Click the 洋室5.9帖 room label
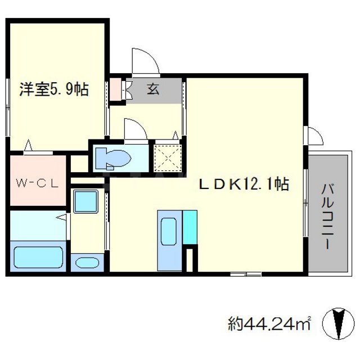click(x=55, y=89)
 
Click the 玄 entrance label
click(x=152, y=89)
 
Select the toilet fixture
click(x=113, y=157)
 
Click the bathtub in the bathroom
click(x=38, y=256)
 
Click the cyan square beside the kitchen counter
click(x=190, y=227)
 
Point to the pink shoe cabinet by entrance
click(x=116, y=90)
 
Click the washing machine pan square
click(x=85, y=201)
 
